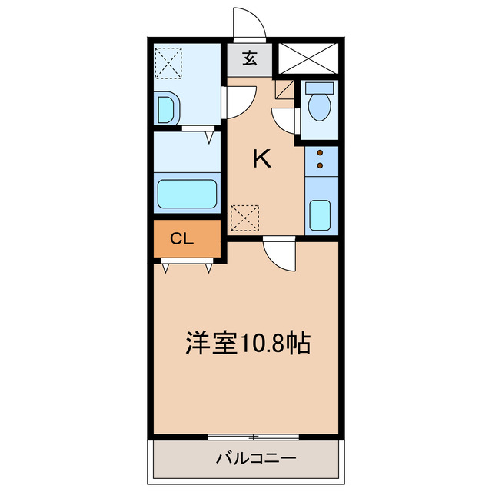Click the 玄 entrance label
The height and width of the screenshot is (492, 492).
250,58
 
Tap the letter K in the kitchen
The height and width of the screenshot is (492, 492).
262,159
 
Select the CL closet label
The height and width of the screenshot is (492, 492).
181,239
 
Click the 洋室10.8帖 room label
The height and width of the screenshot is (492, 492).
247,342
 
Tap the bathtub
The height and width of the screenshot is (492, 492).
188,194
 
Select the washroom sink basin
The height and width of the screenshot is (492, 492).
166,110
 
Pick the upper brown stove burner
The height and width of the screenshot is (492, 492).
318,153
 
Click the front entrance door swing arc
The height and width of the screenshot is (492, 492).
251,23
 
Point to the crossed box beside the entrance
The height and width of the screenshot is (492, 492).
307,58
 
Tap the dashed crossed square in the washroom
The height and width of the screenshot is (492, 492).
168,61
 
